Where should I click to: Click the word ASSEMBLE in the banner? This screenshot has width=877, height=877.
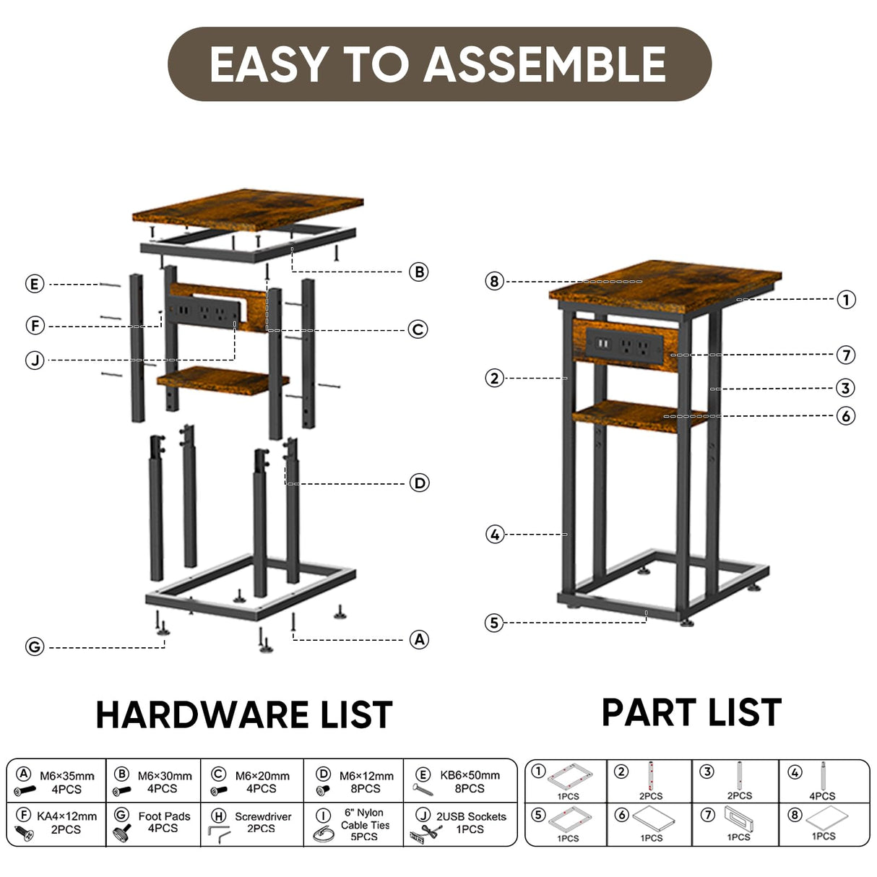[x=545, y=64]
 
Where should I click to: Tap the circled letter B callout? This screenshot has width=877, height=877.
[x=418, y=272]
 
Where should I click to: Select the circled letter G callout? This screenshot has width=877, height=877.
[x=35, y=647]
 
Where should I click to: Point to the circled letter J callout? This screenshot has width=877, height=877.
[x=35, y=360]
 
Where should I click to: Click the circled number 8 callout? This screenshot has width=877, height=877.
[x=494, y=281]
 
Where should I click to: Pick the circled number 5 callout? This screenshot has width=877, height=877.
[x=494, y=623]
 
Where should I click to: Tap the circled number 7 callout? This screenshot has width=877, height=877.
[x=846, y=355]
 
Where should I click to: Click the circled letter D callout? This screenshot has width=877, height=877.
[x=420, y=483]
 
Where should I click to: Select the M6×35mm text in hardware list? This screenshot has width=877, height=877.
[x=66, y=776]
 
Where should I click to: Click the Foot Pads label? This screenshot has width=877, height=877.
[x=164, y=816]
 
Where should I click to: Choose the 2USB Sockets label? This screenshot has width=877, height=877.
[x=471, y=816]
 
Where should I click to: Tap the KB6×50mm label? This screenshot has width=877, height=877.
[x=470, y=775]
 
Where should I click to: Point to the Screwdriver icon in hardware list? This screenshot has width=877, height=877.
[x=219, y=834]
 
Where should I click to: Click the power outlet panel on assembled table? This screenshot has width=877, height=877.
[x=623, y=345]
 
